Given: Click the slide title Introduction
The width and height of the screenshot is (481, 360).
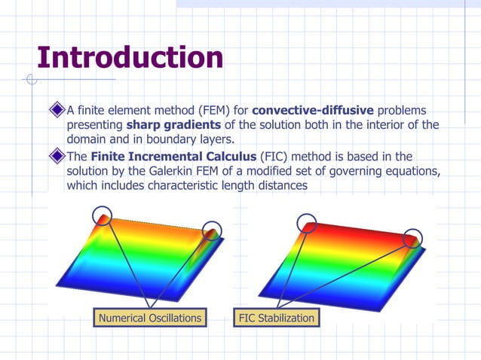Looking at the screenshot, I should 130,57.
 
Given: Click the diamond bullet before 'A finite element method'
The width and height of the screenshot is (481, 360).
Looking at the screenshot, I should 57,111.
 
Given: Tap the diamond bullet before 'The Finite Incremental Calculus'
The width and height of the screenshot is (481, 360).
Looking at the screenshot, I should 57,157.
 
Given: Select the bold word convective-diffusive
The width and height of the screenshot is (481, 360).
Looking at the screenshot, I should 313,111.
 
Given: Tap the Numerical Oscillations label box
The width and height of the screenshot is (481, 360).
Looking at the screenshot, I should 150,318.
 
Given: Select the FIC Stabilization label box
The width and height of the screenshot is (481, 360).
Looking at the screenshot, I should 275,318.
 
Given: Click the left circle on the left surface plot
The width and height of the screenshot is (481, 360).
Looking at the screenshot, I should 103,216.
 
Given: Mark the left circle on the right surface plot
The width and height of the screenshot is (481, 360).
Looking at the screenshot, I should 306,222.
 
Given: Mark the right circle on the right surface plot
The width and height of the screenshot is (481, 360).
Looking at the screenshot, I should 412,238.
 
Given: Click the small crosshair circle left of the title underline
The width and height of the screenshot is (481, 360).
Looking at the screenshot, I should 31,79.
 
